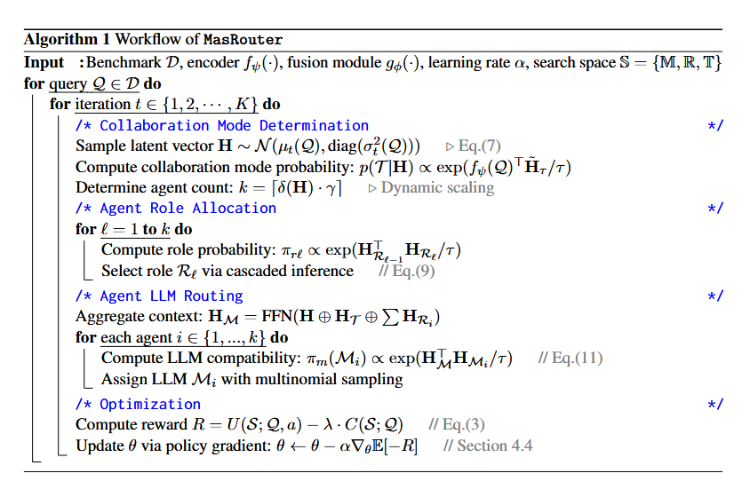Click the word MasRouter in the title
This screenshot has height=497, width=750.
[243, 40]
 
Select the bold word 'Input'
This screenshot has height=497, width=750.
[44, 62]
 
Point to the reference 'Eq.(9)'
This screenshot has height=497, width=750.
[413, 271]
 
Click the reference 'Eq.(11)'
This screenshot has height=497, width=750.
[578, 358]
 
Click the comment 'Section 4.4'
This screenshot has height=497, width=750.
[495, 446]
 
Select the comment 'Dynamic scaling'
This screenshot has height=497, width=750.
[437, 187]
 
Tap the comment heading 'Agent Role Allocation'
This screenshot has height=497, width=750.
[187, 209]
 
